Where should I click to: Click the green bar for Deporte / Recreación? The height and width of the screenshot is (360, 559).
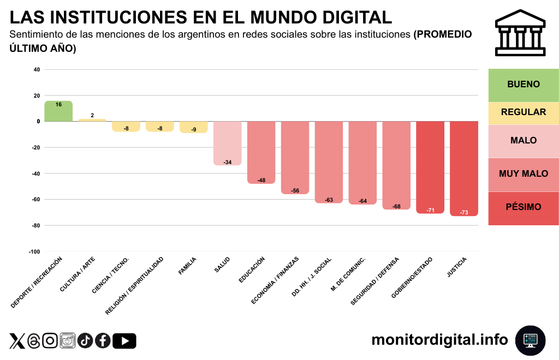coord(58,111)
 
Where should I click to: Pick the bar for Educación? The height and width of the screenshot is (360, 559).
coord(261,152)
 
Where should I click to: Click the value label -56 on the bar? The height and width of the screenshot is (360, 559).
coord(295,190)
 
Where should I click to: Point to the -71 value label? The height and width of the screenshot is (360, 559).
coord(430,210)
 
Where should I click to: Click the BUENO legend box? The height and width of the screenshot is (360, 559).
coord(524,85)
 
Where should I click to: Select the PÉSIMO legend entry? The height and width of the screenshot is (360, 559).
coord(524,208)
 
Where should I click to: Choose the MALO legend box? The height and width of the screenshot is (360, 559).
coord(524,141)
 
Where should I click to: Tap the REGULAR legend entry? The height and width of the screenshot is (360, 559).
coord(524,112)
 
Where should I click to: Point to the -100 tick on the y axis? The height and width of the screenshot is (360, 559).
coord(34,251)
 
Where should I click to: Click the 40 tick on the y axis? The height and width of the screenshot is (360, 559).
coord(37,70)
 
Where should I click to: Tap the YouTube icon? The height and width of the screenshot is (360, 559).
coord(125,341)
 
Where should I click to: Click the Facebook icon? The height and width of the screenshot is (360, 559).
coord(103,341)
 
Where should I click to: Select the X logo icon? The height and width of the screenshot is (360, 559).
coord(17,341)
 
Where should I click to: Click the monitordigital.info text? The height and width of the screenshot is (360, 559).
coord(439,340)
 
